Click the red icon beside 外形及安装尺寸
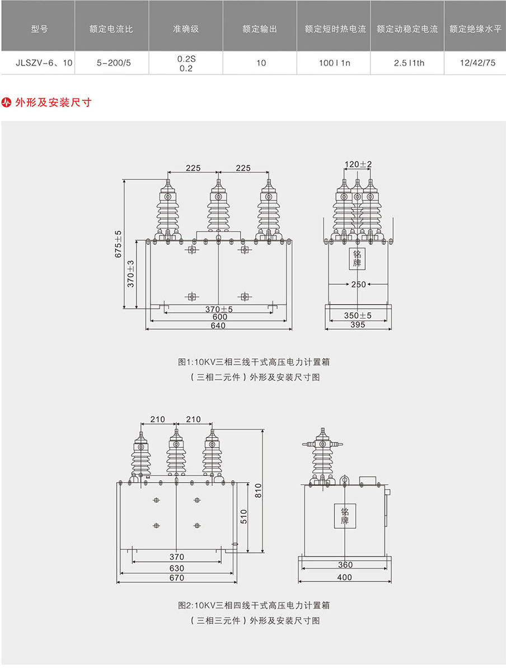click(7, 102)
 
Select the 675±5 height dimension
click(118, 244)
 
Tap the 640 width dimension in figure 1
click(218, 325)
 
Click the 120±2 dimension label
click(358, 165)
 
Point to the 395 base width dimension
click(358, 325)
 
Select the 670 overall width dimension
click(177, 578)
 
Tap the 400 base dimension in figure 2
click(345, 577)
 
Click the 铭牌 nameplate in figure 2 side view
click(345, 516)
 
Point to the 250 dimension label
click(358, 284)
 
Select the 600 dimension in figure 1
click(218, 317)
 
